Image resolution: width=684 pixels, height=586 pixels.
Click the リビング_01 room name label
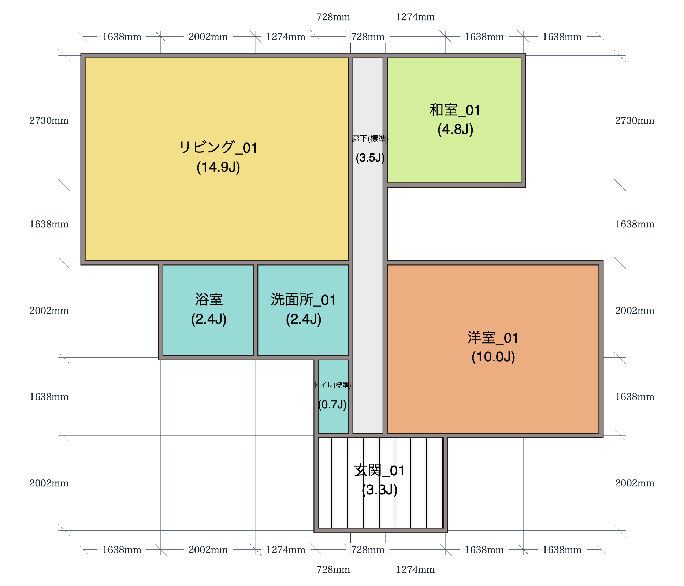coord(218,148)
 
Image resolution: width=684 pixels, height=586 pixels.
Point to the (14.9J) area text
coord(218,167)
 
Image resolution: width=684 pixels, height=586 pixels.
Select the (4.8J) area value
coord(456,129)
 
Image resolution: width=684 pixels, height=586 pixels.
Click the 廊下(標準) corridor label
coord(370,138)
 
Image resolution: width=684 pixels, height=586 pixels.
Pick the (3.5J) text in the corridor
coord(370,158)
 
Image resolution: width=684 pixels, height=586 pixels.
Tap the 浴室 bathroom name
coord(209,300)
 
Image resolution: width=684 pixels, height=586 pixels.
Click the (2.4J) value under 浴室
coord(209,319)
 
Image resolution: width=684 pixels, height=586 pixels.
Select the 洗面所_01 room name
coord(304,300)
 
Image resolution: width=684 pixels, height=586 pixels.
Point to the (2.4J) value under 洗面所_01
coord(304,319)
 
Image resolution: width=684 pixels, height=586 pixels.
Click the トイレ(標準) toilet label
coord(332,385)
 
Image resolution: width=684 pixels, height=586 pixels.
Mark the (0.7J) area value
coord(332,404)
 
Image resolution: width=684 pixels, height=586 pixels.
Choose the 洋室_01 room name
coord(493,338)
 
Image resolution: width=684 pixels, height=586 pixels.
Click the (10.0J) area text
coord(493,357)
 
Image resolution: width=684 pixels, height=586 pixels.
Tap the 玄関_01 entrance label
coord(380,470)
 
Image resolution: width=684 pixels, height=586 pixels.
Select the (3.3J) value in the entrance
coord(380,490)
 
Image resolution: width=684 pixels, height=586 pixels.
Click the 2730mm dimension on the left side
coord(49,120)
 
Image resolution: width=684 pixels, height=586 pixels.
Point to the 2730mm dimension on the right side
coord(635,120)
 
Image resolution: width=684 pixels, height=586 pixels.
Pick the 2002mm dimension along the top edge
coord(208,37)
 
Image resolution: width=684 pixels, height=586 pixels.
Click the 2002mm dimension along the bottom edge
coord(208,550)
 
